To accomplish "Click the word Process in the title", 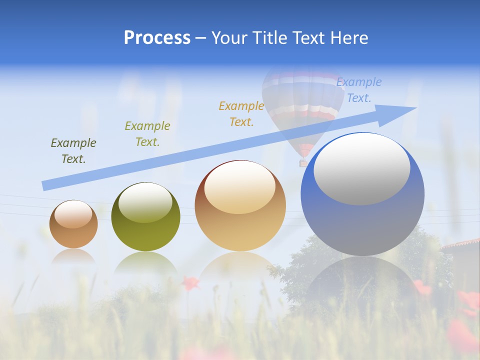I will point(157,38).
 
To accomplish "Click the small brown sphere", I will point(73,224).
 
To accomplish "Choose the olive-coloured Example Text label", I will point(147,134).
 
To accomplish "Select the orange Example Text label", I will point(241,114).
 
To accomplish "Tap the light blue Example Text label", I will point(359,90).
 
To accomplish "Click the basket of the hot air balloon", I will point(303,162).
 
